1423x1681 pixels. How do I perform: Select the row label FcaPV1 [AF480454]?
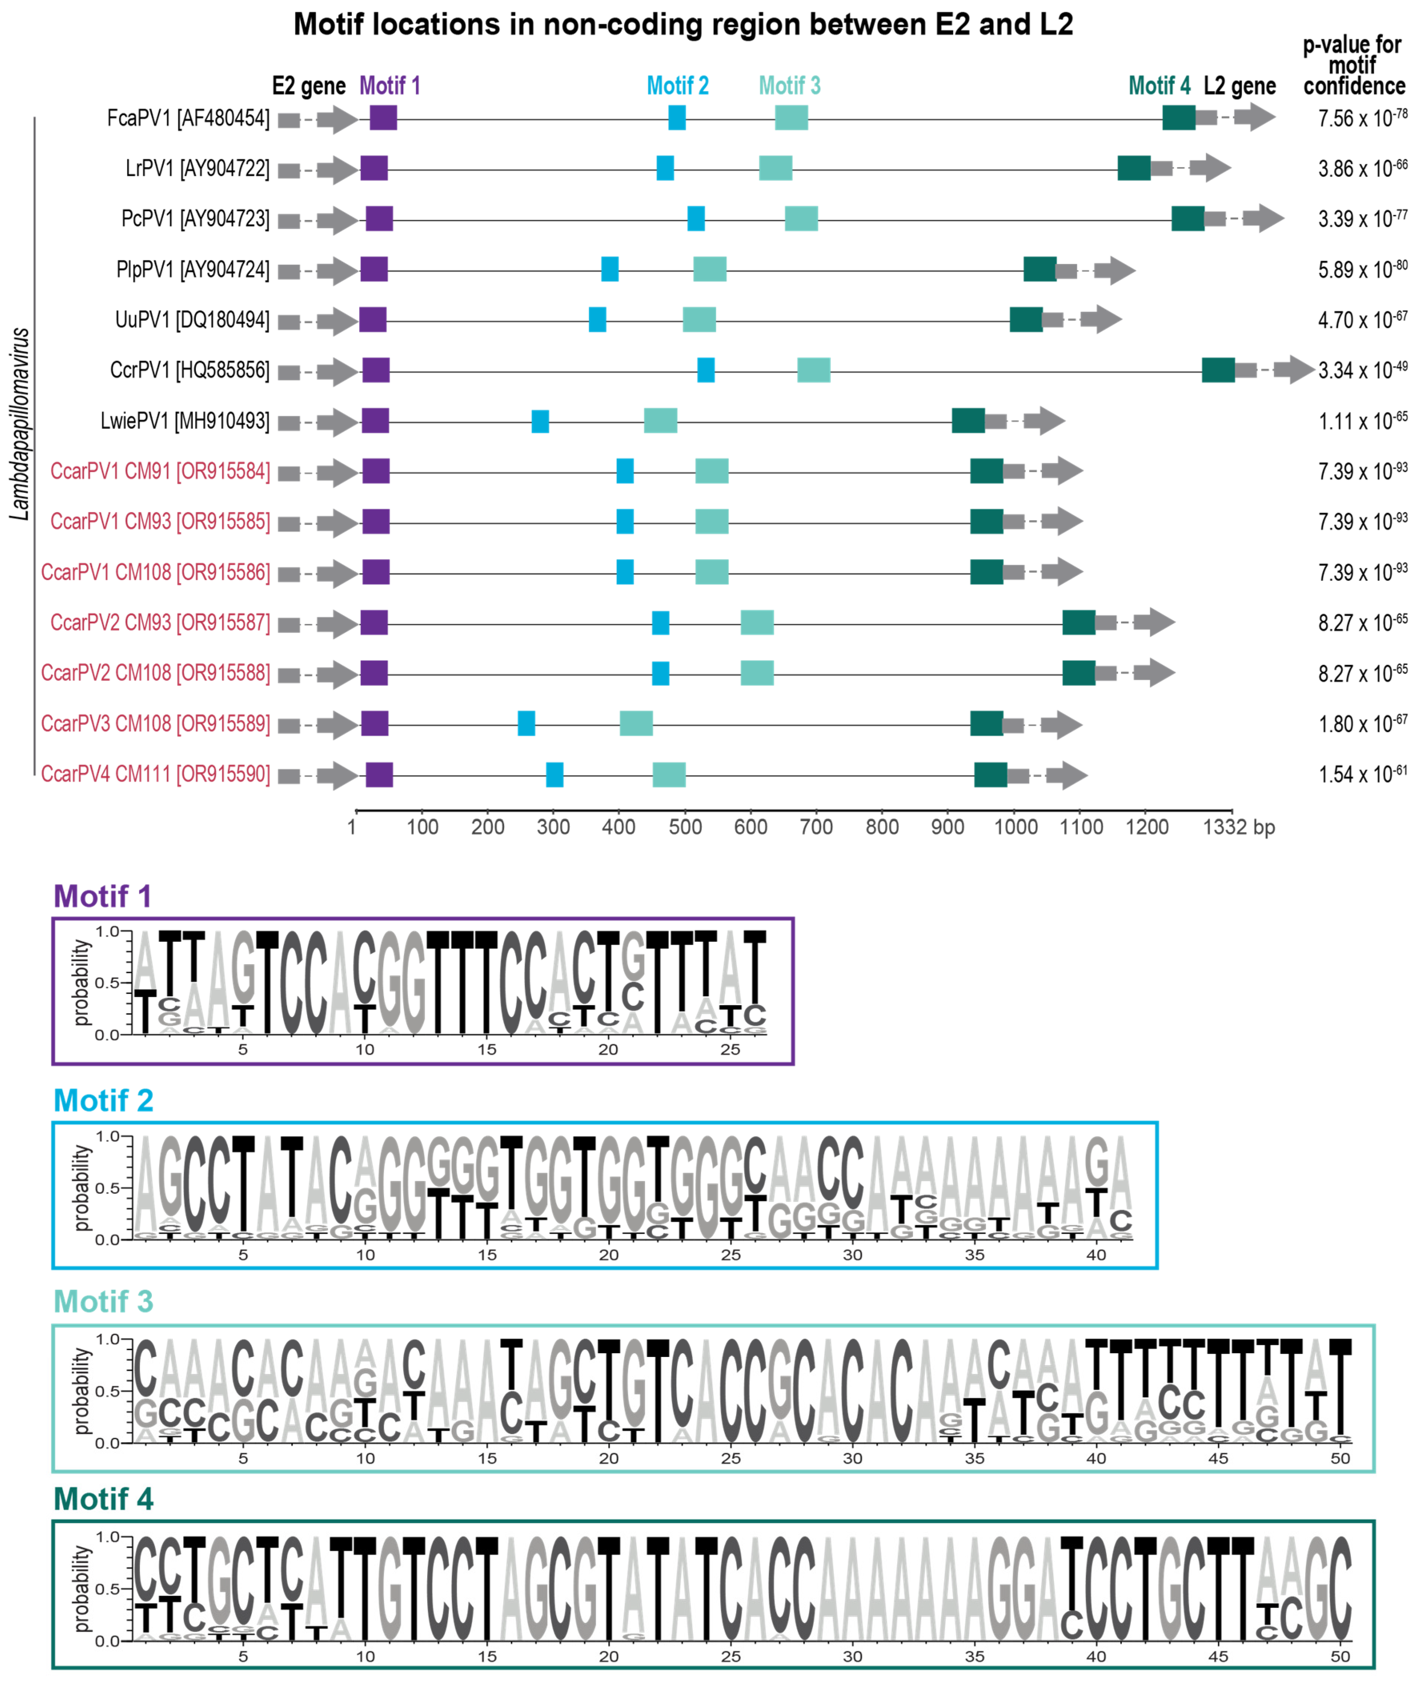188,119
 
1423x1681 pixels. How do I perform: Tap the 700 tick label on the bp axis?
815,827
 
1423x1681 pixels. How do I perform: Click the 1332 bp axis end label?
1238,827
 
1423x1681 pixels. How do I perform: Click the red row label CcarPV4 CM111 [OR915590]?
156,774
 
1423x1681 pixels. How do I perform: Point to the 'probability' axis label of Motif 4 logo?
81,1589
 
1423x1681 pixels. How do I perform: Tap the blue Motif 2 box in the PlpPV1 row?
610,269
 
